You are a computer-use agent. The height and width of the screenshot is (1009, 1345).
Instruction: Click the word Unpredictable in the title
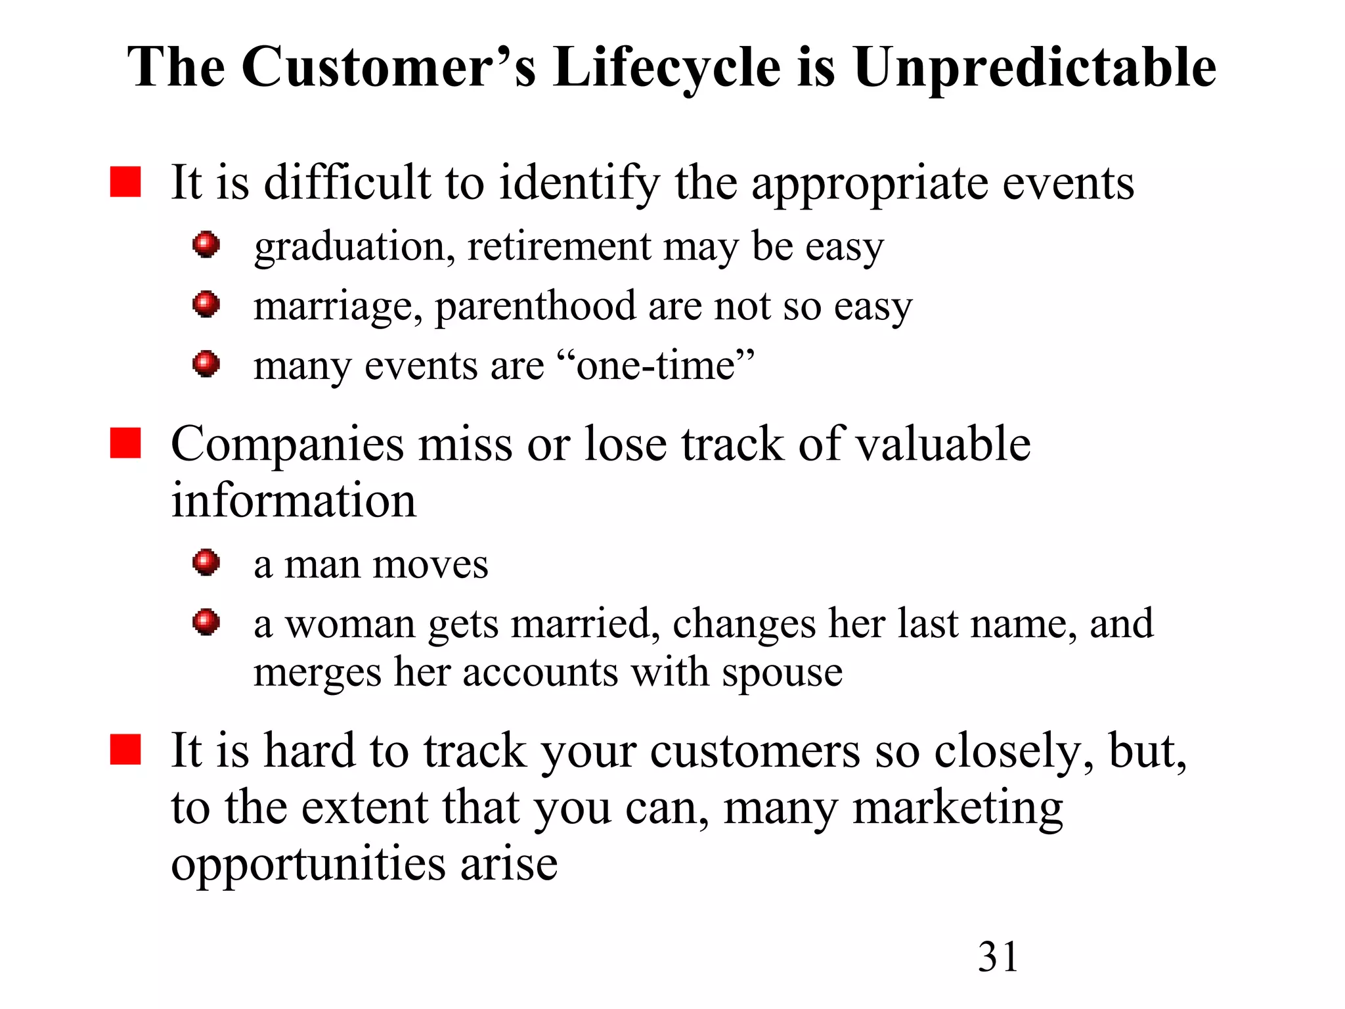(x=1034, y=68)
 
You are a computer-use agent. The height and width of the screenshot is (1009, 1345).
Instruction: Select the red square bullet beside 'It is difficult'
(x=125, y=182)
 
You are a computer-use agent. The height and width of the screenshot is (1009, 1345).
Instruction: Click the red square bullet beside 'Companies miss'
(x=125, y=443)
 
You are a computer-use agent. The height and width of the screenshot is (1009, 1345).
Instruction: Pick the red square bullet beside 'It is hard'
(x=125, y=750)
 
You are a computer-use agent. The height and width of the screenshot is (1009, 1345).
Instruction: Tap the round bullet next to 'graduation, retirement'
(x=206, y=245)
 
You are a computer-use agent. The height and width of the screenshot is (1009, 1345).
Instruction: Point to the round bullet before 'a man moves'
(x=206, y=563)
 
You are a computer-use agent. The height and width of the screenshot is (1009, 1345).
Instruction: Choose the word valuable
(x=943, y=444)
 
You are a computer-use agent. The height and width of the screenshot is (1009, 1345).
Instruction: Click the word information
(x=294, y=501)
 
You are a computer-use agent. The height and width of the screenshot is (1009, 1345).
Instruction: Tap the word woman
(x=349, y=624)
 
